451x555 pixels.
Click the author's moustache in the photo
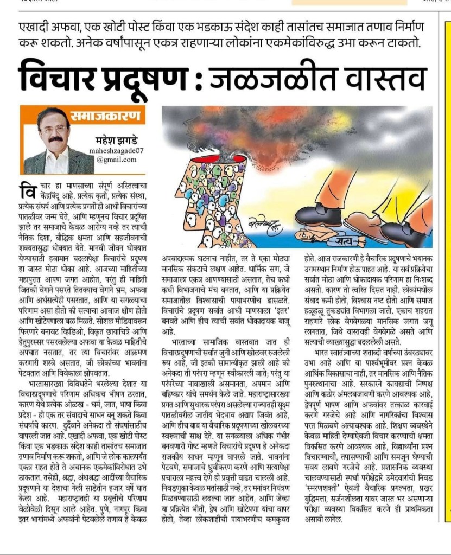pos(55,139)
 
